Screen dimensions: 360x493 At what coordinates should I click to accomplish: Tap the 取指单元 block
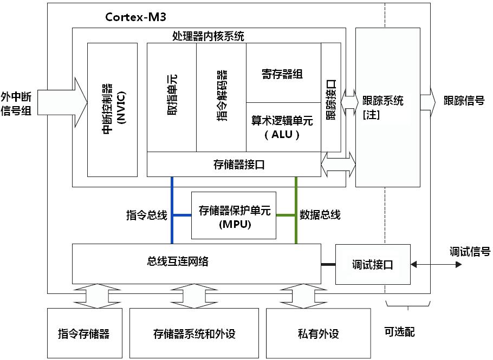coord(172,97)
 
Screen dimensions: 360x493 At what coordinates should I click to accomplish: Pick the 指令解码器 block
coord(221,97)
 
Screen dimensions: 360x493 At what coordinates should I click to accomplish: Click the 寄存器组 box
coord(283,74)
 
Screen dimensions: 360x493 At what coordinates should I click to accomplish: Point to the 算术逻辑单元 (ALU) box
coord(283,127)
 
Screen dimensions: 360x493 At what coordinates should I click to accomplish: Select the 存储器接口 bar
coord(234,165)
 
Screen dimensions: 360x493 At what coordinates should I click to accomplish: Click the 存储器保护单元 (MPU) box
coord(234,215)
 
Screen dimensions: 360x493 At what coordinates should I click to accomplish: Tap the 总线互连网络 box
coord(196,264)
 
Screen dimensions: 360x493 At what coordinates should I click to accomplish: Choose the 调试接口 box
coord(373,264)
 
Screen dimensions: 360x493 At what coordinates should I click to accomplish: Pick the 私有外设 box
coord(319,333)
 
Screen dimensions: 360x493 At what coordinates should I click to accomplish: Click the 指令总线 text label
coord(146,215)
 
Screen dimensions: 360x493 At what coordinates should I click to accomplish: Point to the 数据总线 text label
coord(320,215)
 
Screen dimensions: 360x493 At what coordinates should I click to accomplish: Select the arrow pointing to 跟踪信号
coord(427,101)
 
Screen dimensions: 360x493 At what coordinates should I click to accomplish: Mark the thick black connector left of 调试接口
coord(328,264)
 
